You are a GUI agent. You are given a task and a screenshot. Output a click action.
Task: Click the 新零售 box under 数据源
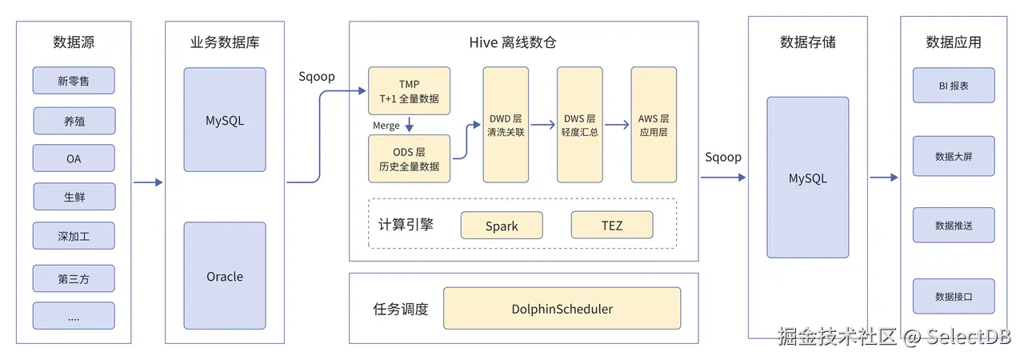(x=74, y=81)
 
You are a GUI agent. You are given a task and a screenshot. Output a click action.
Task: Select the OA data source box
(x=74, y=158)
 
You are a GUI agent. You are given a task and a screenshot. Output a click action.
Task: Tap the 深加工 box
(x=74, y=236)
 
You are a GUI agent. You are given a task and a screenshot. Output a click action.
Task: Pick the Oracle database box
(x=225, y=276)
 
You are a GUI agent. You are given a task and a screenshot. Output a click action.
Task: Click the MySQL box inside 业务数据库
(x=225, y=120)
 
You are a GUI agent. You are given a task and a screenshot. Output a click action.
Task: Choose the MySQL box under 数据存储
(x=807, y=178)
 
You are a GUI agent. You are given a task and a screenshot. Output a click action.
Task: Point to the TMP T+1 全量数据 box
(x=409, y=91)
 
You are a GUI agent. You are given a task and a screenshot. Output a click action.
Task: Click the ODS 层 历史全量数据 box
(x=409, y=158)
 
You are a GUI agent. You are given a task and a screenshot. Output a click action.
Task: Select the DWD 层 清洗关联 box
(x=506, y=125)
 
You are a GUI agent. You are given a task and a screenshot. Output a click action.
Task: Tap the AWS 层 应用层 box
(x=654, y=125)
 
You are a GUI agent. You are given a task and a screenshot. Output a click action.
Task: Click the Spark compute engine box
(x=502, y=226)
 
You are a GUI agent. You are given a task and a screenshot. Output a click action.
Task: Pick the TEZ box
(x=612, y=226)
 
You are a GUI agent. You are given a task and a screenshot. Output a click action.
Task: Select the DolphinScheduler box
(x=562, y=309)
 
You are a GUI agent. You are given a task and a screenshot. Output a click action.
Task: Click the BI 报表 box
(x=954, y=85)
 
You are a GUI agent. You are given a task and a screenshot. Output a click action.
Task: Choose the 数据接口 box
(x=954, y=296)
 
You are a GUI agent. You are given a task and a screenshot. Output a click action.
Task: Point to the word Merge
(x=386, y=126)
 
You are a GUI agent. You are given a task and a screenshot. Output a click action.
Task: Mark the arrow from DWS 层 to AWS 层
(x=616, y=125)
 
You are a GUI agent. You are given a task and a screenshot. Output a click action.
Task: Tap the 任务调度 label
(x=401, y=309)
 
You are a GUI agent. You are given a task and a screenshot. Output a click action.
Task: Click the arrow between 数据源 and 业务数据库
(x=148, y=182)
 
